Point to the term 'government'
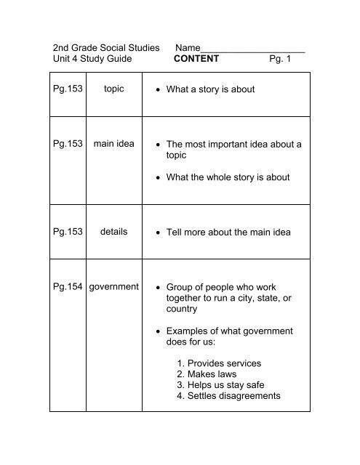[x=113, y=287]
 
